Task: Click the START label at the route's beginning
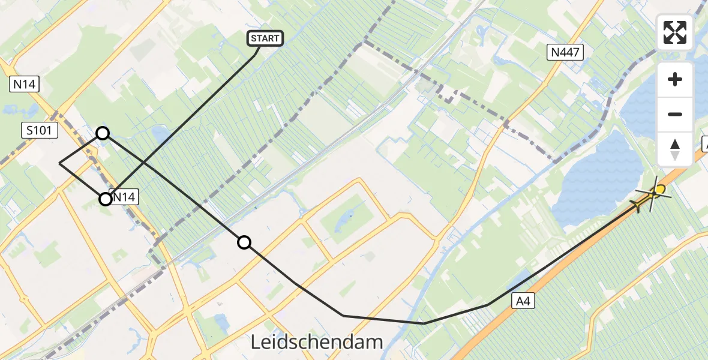coord(265,39)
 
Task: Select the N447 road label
coord(565,53)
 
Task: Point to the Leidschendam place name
coord(316,342)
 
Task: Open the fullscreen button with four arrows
coord(675,32)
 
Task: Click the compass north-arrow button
coord(675,149)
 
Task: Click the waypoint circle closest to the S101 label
coord(103,133)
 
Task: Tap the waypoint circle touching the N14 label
coord(106,199)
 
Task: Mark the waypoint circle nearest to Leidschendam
coord(244,242)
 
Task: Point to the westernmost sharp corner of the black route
coord(59,163)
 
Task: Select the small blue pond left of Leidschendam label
coord(221,323)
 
